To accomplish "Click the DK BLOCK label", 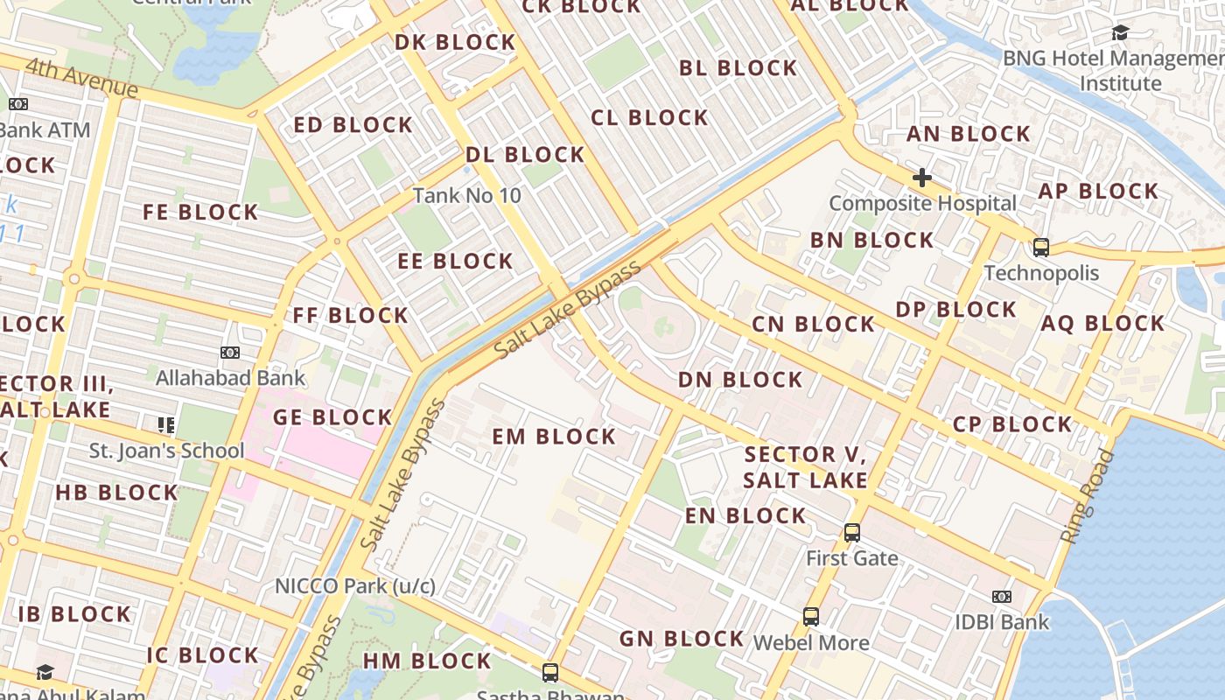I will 455,42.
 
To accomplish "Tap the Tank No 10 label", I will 466,195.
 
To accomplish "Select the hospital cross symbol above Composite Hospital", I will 921,178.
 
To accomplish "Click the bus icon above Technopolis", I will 1040,247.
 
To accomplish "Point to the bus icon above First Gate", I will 851,532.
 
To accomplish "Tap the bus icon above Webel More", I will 811,616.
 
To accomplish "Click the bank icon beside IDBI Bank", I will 1002,597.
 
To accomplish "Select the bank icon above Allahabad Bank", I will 230,353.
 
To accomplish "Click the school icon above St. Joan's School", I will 166,425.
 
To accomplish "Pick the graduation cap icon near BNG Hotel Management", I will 1120,33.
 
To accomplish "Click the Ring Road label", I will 1089,496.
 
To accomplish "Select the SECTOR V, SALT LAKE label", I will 805,466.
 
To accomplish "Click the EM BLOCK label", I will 554,436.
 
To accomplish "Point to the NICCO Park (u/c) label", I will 355,585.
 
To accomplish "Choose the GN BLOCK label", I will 682,639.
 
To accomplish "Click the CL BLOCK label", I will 649,117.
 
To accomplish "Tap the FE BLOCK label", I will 200,212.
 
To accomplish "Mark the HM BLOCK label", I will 427,660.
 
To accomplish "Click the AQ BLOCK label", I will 1102,323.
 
